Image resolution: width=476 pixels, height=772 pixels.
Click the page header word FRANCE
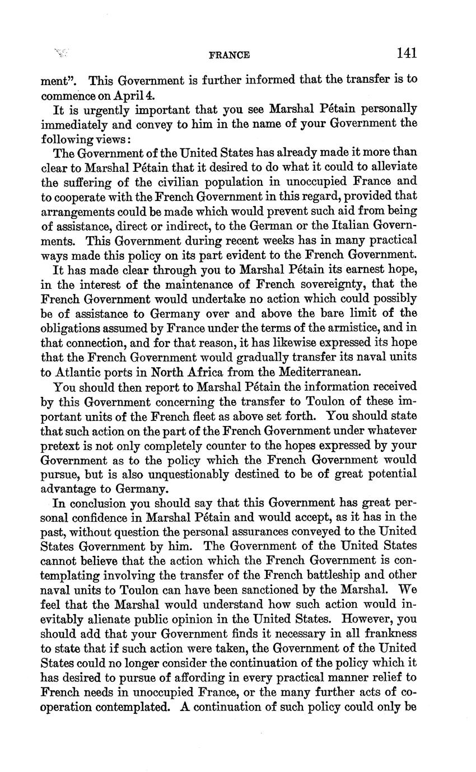click(229, 55)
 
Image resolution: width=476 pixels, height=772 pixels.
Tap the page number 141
click(407, 53)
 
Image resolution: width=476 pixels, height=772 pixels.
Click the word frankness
click(388, 633)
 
